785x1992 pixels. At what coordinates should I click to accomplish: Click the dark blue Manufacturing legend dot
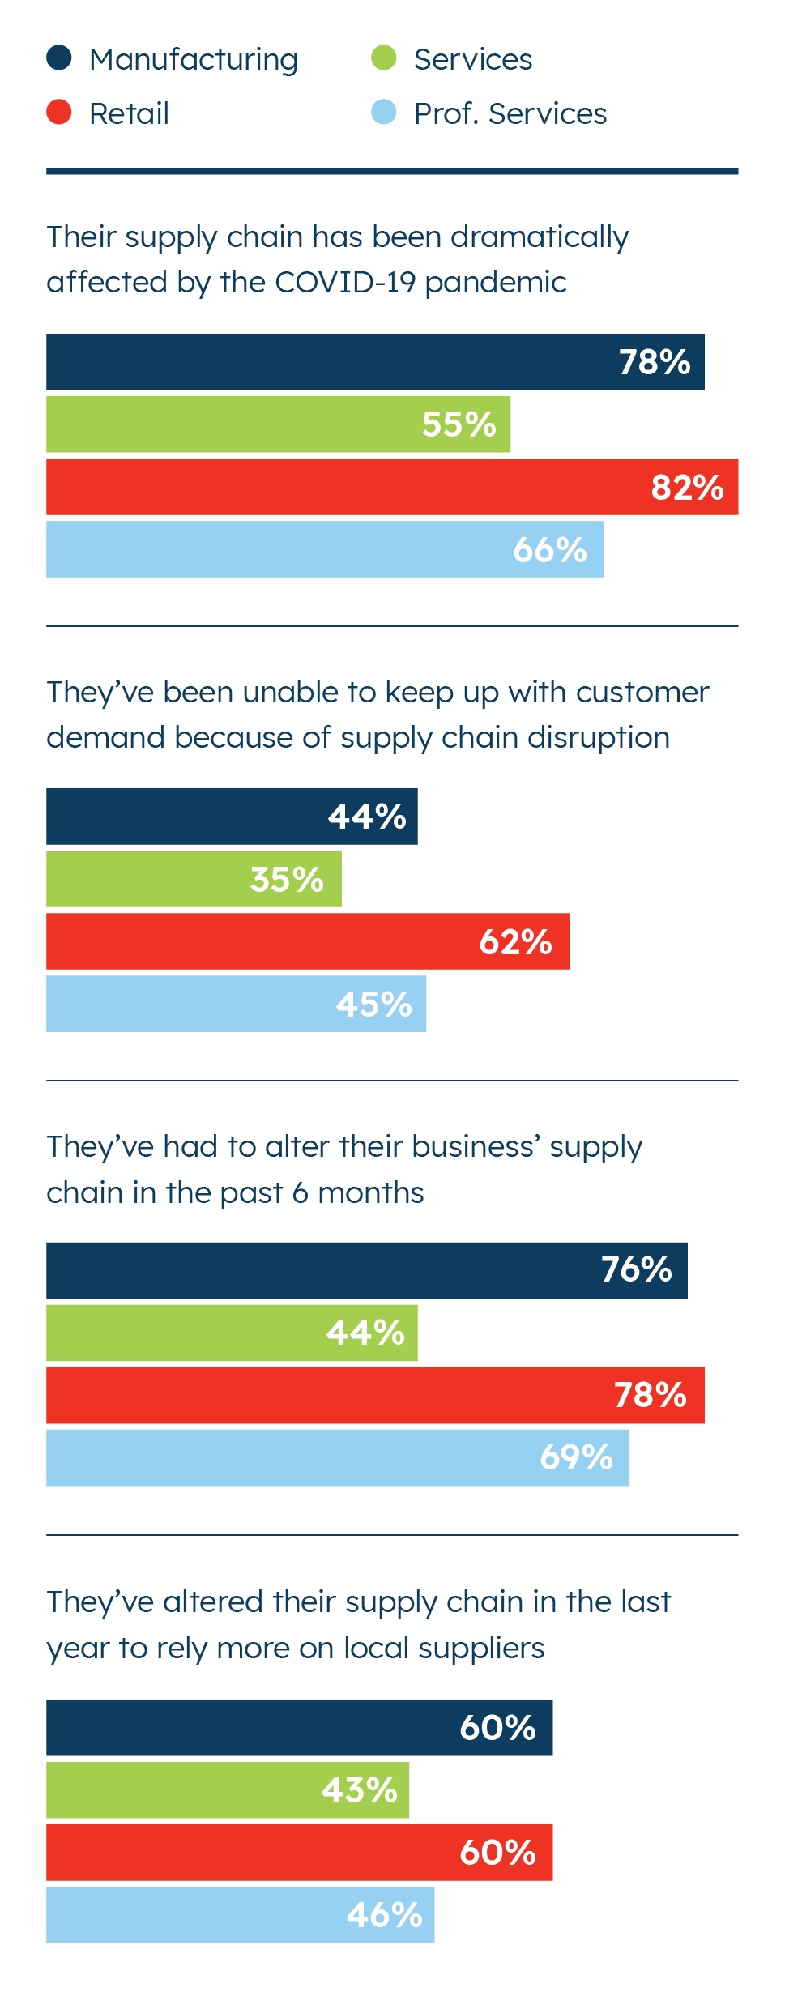point(59,58)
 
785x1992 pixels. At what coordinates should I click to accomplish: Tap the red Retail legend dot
point(59,112)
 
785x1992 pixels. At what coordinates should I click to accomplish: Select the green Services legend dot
point(383,58)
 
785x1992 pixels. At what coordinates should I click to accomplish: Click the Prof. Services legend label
point(510,113)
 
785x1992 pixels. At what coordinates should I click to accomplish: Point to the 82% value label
point(687,488)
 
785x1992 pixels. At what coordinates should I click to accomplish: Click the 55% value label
point(459,424)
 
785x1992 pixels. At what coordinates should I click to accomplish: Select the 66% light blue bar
point(324,549)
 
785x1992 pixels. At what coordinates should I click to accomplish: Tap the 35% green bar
point(194,879)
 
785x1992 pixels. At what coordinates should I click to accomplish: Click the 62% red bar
point(308,941)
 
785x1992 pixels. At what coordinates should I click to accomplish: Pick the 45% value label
point(374,1005)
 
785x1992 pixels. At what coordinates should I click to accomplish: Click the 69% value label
point(576,1457)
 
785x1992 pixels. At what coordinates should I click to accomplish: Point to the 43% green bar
point(228,1790)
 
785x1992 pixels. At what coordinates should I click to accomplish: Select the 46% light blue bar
point(240,1915)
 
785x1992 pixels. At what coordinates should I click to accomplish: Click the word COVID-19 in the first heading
point(344,282)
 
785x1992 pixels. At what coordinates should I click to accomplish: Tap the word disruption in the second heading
point(599,738)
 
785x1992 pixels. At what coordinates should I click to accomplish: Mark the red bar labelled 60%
point(299,1853)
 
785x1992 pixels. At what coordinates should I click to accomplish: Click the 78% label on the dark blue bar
point(655,362)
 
